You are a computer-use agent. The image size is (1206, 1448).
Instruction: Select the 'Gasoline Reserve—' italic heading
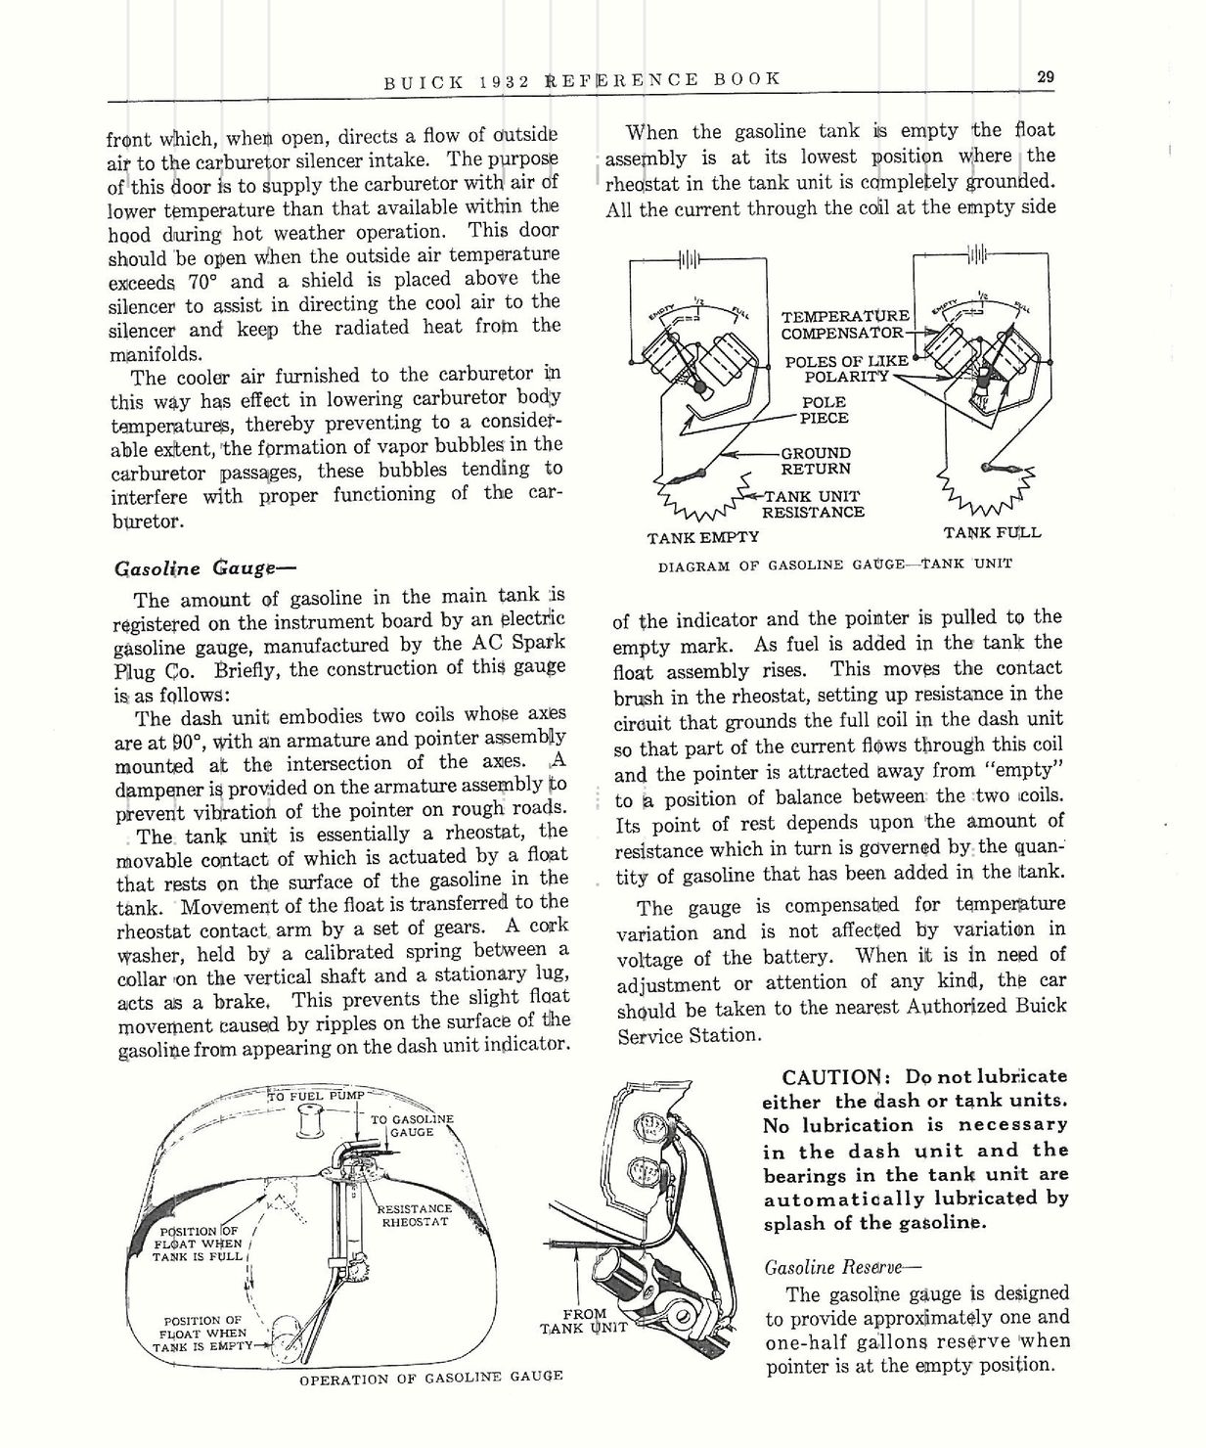(x=841, y=1267)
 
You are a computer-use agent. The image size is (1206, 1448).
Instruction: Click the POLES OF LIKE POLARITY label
(x=846, y=368)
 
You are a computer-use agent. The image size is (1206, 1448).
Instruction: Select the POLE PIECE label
(x=824, y=409)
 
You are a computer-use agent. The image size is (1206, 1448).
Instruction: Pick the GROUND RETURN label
(x=816, y=460)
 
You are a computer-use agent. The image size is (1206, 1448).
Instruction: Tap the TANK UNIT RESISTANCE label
(x=813, y=503)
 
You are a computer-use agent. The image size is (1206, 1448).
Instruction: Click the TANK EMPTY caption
(x=702, y=536)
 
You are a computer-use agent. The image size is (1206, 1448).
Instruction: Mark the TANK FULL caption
(x=992, y=532)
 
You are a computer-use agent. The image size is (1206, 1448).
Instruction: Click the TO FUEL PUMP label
(x=315, y=1096)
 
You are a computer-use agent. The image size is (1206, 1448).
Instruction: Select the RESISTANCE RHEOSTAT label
(x=414, y=1215)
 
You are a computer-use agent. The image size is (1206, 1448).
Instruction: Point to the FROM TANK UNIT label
(x=583, y=1321)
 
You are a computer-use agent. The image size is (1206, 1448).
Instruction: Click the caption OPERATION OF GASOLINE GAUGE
(x=430, y=1376)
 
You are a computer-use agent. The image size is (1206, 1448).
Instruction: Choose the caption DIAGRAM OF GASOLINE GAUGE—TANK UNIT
(x=834, y=565)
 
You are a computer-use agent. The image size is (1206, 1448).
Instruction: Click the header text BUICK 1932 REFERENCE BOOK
(x=581, y=79)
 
